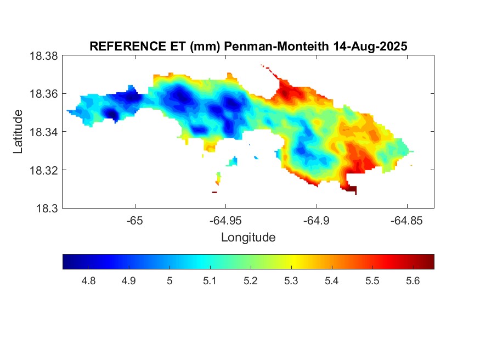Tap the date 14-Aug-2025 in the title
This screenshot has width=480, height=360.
click(370, 47)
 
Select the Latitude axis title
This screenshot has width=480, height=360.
click(18, 132)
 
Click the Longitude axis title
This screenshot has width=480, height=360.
click(248, 238)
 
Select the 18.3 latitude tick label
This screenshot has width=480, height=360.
click(46, 209)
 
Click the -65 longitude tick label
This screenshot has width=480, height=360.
click(134, 221)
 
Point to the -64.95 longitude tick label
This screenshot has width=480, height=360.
click(225, 221)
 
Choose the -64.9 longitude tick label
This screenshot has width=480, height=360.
click(316, 221)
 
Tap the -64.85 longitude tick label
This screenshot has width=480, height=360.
click(406, 221)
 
